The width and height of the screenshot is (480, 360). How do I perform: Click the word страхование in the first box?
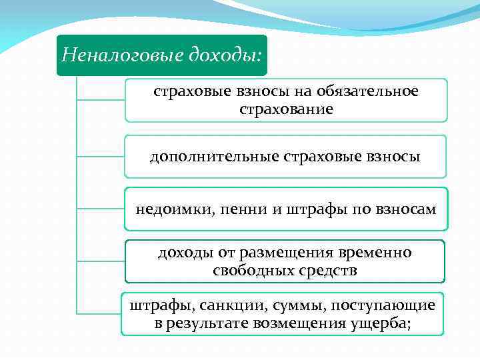pos(286,108)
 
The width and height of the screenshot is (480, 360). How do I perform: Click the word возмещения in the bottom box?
pos(299,323)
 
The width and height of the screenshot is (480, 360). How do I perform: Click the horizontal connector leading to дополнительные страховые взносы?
pos(100,157)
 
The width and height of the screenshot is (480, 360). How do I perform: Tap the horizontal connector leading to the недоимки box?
pos(100,209)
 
